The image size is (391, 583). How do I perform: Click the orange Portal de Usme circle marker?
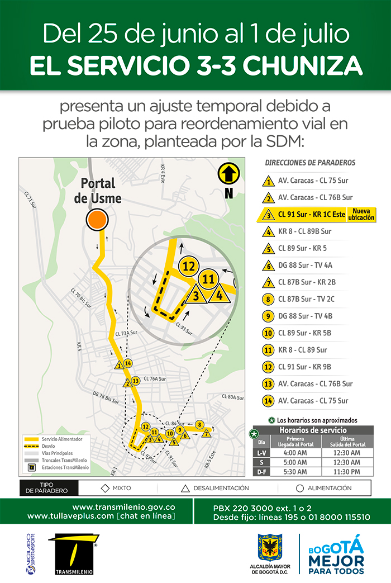[97, 220]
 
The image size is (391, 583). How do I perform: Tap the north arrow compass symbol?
[228, 174]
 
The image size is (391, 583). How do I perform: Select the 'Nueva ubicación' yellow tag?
[361, 214]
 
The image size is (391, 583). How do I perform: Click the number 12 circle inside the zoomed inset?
[189, 266]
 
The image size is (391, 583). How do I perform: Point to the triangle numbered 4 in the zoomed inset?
[220, 293]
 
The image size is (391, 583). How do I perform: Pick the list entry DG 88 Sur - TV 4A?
[304, 265]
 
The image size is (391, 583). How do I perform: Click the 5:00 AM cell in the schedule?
[294, 462]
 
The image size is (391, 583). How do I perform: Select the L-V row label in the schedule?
[261, 453]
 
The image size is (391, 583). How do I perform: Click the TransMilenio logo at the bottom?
[73, 554]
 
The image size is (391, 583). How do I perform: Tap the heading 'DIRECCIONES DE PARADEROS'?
[310, 163]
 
